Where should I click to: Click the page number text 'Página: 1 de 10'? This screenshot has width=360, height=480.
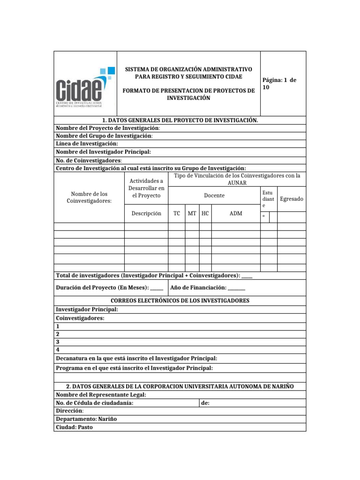coord(279,84)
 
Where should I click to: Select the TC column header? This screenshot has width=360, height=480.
coord(177,213)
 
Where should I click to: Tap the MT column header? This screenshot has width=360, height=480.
coord(192,213)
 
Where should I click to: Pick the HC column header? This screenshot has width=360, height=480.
coord(205,213)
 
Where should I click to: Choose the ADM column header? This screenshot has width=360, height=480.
coord(236,213)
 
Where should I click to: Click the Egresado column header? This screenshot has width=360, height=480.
coord(291,199)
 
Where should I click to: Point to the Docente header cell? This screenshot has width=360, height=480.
coord(214,195)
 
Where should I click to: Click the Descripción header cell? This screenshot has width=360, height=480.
coord(146,213)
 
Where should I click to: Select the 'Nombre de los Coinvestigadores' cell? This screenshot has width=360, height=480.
coord(89,197)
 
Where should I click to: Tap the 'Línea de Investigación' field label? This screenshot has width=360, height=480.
coord(87,144)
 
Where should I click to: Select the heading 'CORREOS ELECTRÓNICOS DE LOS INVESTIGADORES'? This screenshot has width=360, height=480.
coord(180,300)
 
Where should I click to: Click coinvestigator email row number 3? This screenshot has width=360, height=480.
coord(58,342)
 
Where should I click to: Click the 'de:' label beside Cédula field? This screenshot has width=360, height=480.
coord(205,403)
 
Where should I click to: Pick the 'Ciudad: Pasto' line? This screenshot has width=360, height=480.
coord(75,427)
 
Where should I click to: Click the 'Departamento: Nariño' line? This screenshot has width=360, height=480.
coord(86,419)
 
